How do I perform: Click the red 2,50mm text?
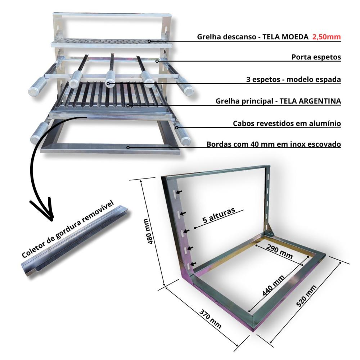pyautogui.click(x=326, y=37)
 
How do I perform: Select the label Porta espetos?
pyautogui.click(x=316, y=57)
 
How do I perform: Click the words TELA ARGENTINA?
pyautogui.click(x=310, y=102)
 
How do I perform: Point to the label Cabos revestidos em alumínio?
pyautogui.click(x=287, y=123)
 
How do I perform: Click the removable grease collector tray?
pyautogui.click(x=74, y=245)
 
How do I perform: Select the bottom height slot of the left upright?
pyautogui.click(x=188, y=266)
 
